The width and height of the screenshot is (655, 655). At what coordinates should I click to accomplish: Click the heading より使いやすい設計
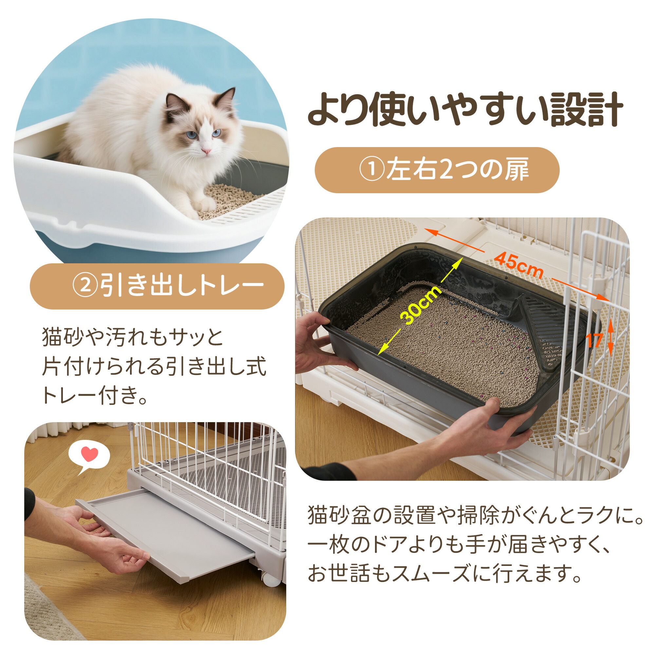465,109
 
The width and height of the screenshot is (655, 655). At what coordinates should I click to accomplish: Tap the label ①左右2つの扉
444,170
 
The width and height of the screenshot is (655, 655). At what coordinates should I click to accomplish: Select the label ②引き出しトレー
168,286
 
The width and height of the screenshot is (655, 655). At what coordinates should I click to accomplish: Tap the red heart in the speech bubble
90,454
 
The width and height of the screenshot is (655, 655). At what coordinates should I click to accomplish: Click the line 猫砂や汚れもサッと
133,337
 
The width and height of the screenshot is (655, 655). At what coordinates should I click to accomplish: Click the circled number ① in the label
372,170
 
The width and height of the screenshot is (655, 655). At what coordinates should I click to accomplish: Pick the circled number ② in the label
85,286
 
